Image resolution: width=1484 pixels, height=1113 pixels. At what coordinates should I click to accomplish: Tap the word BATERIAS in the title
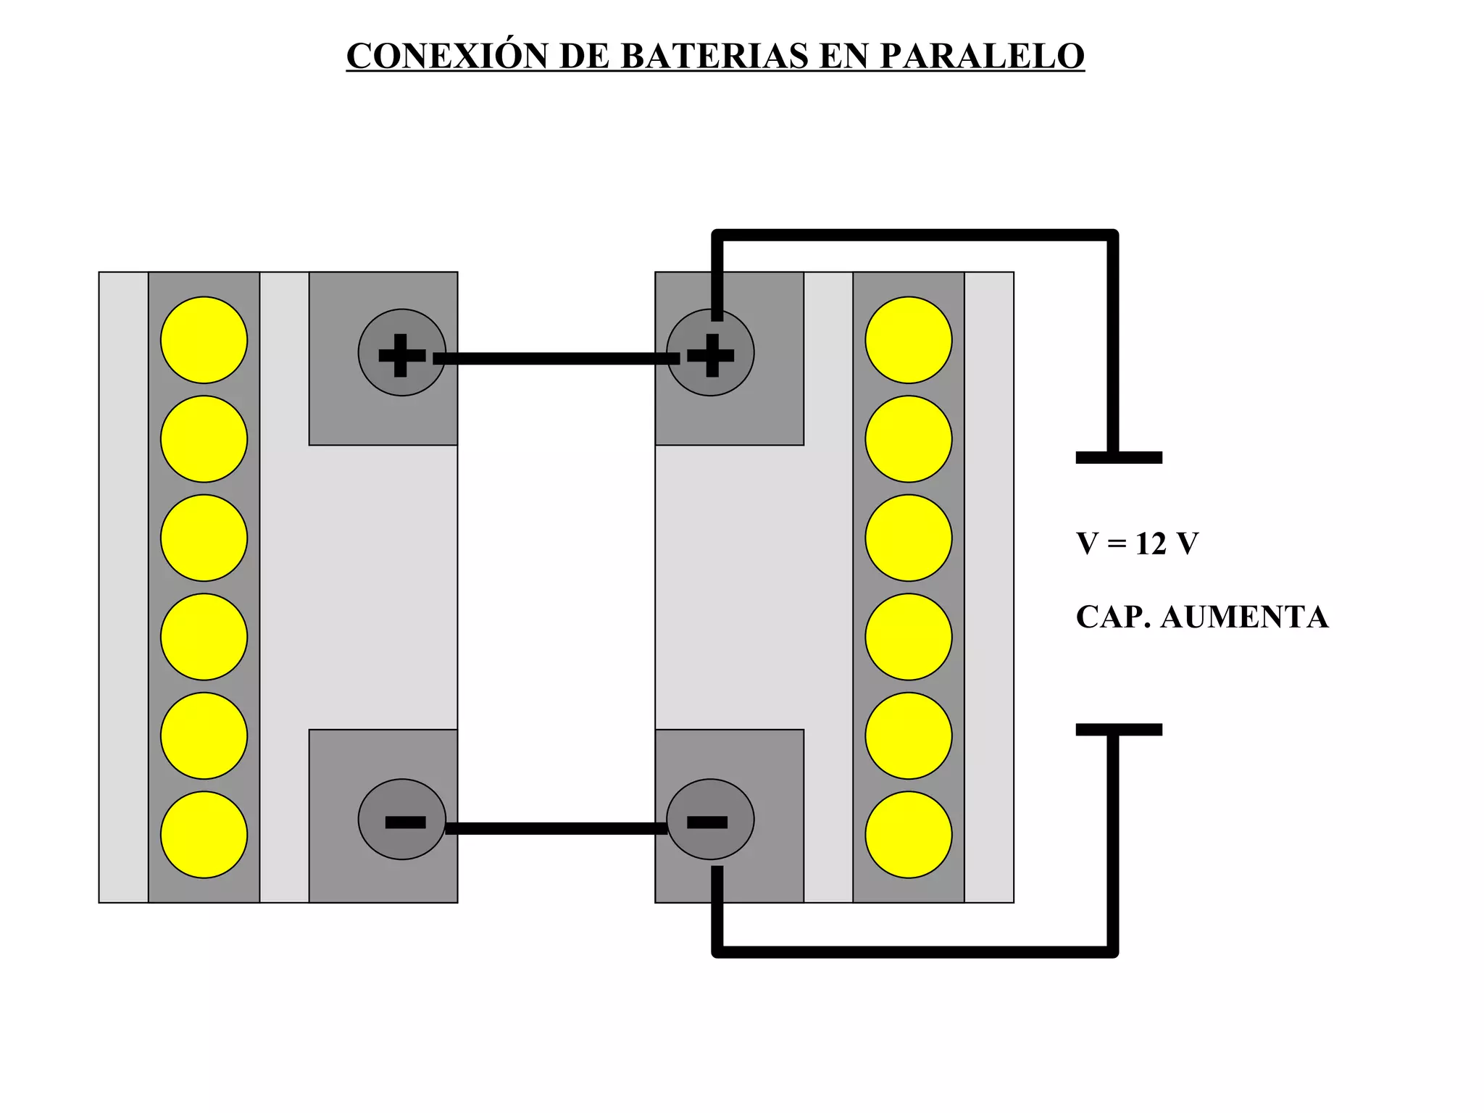click(x=714, y=56)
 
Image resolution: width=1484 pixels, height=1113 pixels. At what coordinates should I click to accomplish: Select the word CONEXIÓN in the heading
click(x=446, y=56)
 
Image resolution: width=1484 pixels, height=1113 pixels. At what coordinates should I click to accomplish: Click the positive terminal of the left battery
click(x=401, y=354)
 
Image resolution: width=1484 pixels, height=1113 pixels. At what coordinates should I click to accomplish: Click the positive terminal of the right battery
click(x=710, y=354)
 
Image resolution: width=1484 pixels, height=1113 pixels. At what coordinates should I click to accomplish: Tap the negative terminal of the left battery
click(x=401, y=820)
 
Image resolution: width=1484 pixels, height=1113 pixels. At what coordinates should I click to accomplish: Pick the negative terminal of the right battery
click(x=710, y=820)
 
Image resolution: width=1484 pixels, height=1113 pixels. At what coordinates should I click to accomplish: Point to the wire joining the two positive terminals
click(x=556, y=358)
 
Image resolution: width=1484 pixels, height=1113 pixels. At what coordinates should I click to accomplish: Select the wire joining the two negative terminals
click(x=556, y=828)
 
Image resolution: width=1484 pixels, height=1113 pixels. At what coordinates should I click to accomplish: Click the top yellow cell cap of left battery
click(x=204, y=340)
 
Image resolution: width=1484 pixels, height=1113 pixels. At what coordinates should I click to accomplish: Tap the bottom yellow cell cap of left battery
click(x=204, y=835)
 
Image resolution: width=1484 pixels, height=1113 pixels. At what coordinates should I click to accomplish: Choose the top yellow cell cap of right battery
click(x=909, y=340)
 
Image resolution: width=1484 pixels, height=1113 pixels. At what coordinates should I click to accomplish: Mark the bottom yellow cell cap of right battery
click(x=909, y=835)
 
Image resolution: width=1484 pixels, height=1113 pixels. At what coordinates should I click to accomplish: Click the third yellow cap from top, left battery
click(x=204, y=538)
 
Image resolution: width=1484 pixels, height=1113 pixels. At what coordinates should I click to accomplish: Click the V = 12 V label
click(x=1137, y=543)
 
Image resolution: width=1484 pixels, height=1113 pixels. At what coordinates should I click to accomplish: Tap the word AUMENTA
click(x=1244, y=617)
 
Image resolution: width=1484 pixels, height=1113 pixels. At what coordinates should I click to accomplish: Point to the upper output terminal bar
click(x=1119, y=457)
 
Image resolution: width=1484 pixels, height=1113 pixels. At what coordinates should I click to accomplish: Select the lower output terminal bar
click(x=1119, y=730)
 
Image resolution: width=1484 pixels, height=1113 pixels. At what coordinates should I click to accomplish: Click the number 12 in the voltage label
click(x=1151, y=543)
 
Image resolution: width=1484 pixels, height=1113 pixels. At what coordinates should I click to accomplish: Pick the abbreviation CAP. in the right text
click(x=1113, y=617)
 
